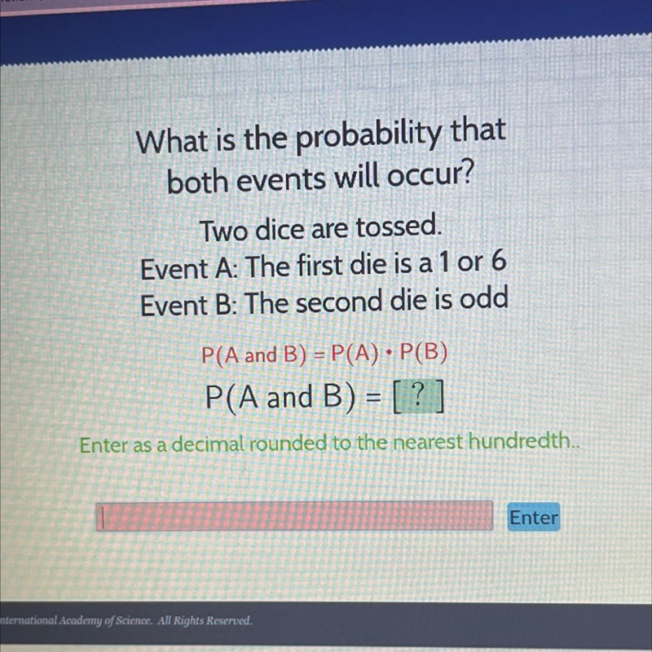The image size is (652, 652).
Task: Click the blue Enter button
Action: click(x=534, y=517)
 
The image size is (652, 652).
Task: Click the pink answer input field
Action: click(x=294, y=516)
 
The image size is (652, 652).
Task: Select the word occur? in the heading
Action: click(x=431, y=176)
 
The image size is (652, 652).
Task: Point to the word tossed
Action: click(x=398, y=227)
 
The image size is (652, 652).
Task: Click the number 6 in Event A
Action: click(x=498, y=262)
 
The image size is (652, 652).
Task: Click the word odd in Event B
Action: click(x=484, y=298)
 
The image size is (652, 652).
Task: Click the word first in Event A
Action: click(x=320, y=266)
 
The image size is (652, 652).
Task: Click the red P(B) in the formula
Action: click(x=423, y=352)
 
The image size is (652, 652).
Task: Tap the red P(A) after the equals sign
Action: click(x=356, y=354)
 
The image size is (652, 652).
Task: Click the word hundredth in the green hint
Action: click(x=520, y=440)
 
